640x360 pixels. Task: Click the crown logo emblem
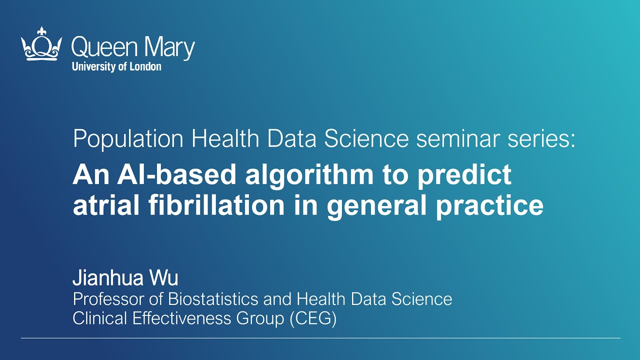click(x=41, y=44)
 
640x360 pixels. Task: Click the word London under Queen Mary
click(x=145, y=66)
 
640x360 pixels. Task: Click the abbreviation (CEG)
click(x=313, y=319)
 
